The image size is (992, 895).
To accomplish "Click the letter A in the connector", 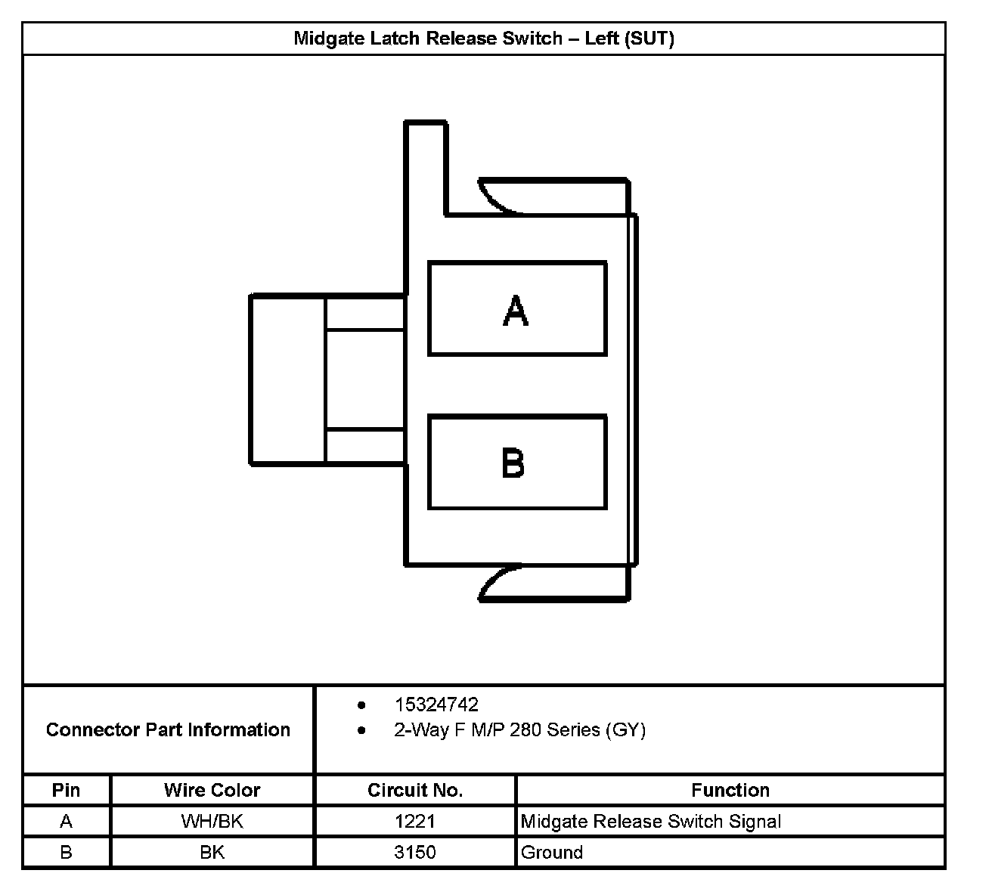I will pos(516,310).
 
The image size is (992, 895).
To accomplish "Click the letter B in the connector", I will pos(513,463).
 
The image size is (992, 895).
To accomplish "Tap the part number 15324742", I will pos(436,705).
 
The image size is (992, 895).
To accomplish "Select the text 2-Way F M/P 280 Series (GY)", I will pos(519,729).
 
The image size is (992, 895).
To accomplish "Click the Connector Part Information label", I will pos(168,729).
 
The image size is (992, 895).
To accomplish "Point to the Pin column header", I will pos(66,790).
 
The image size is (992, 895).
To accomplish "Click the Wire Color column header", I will pos(212,790).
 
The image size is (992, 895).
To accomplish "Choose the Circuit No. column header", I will pos(414,790).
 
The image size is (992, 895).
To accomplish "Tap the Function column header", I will pos(730,790).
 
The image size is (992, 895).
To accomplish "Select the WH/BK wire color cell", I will pos(212,821).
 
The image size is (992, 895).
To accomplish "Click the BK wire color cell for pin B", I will pos(212,852).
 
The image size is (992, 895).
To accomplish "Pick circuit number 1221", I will pos(414,821).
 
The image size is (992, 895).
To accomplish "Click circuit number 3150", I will pos(414,852).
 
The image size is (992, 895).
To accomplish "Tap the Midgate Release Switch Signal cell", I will pos(650,821).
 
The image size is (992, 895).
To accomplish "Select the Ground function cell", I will pos(551,852).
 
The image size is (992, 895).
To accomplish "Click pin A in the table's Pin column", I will pos(66,821).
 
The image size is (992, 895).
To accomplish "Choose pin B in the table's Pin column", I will pos(66,852).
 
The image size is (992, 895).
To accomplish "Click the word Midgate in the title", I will pos(327,38).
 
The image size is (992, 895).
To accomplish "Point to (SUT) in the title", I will pos(649,38).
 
